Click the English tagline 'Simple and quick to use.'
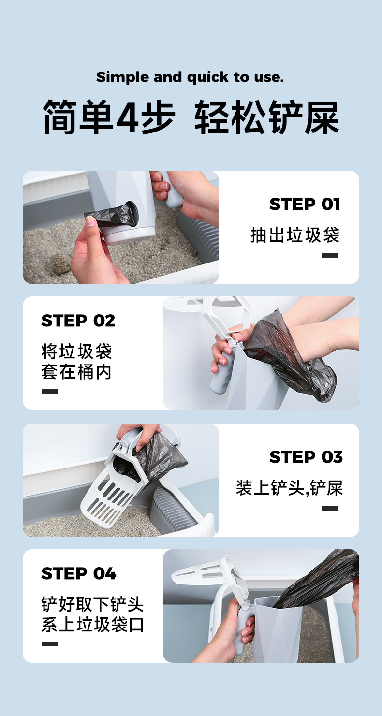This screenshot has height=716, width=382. coord(190,77)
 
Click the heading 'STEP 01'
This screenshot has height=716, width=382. coord(305,204)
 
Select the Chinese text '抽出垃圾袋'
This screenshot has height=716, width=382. coord(295,235)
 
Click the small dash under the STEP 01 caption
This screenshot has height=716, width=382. coord(330,255)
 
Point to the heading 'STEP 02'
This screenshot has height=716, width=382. coord(78,321)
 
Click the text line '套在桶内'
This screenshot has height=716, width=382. coord(76,372)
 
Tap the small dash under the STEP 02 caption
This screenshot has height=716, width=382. coord(50,391)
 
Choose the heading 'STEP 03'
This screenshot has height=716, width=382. coord(306,457)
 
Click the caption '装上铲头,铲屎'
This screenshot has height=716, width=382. coord(289,488)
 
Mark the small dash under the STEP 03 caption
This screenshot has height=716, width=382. coord(330,508)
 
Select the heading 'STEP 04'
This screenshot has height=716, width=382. coord(79,574)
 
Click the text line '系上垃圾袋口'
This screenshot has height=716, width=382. coord(92,625)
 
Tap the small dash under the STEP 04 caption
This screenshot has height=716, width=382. coord(50,644)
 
